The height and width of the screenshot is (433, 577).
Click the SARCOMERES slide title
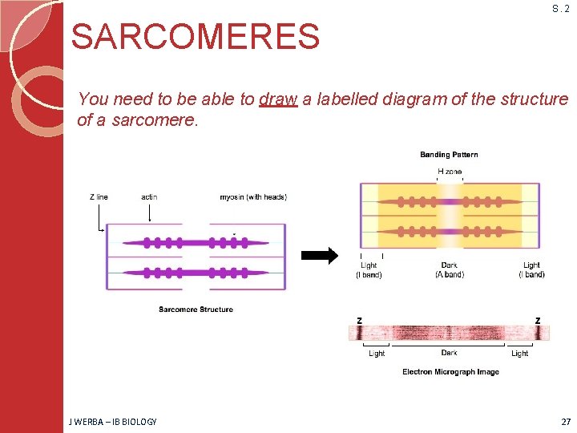[x=196, y=36]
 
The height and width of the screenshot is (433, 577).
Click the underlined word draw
[x=278, y=99]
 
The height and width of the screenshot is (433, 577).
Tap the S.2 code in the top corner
[x=560, y=9]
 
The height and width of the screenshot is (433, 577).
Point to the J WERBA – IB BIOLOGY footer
[x=113, y=422]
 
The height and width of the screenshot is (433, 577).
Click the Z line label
[x=99, y=197]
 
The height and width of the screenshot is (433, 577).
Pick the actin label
[x=149, y=197]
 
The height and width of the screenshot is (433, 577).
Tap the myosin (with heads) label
[x=253, y=197]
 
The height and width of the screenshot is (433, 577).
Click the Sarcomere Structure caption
[x=196, y=310]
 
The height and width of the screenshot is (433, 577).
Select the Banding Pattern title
[x=449, y=155]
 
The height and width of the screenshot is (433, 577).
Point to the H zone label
[x=449, y=172]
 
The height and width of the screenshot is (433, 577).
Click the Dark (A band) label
[x=449, y=270]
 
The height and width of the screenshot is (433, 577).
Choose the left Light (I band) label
[x=369, y=270]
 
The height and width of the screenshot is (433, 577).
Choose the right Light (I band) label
[x=531, y=270]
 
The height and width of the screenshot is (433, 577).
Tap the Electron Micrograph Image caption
[x=450, y=372]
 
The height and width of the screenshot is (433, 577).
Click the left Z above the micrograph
[x=359, y=321]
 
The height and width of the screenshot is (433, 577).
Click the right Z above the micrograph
[x=538, y=321]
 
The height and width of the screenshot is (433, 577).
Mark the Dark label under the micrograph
[x=449, y=353]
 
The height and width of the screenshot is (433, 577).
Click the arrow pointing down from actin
[x=149, y=212]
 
